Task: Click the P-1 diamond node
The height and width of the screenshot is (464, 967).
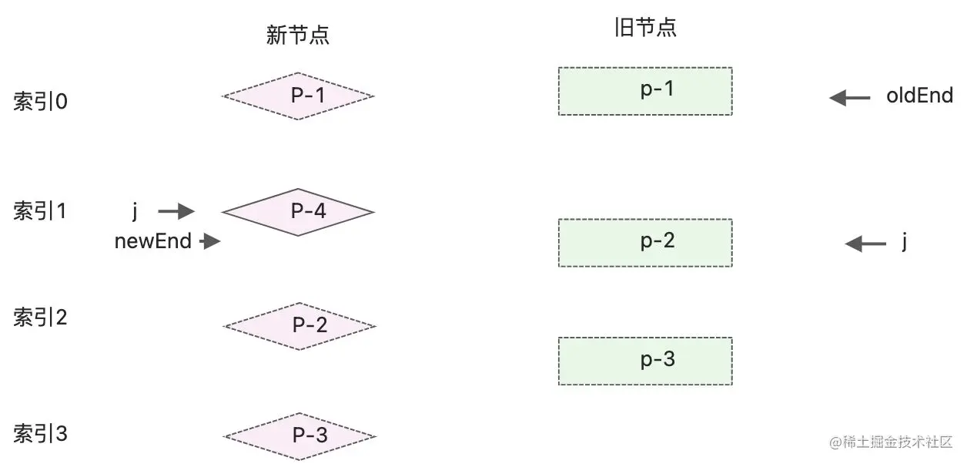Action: pyautogui.click(x=298, y=96)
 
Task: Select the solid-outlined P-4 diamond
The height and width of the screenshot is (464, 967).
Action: pyautogui.click(x=298, y=212)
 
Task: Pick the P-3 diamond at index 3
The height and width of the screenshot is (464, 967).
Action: pyautogui.click(x=299, y=436)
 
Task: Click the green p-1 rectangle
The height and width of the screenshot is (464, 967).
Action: pyautogui.click(x=645, y=91)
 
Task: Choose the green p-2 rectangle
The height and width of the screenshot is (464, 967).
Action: pyautogui.click(x=645, y=243)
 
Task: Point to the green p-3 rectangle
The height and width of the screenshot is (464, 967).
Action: pyautogui.click(x=645, y=361)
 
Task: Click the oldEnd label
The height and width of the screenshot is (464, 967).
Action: pyautogui.click(x=919, y=96)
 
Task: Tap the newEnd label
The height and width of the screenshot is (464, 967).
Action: pyautogui.click(x=152, y=241)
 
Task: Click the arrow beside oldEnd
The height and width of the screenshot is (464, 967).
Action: pyautogui.click(x=850, y=98)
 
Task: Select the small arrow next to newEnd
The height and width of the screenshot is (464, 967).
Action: pyautogui.click(x=209, y=242)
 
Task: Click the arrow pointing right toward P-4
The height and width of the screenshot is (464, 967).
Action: pyautogui.click(x=176, y=211)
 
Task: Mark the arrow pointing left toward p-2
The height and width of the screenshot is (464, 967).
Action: pyautogui.click(x=865, y=244)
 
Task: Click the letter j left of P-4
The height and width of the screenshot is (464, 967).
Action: pyautogui.click(x=135, y=210)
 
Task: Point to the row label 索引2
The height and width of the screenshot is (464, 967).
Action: pyautogui.click(x=41, y=318)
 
